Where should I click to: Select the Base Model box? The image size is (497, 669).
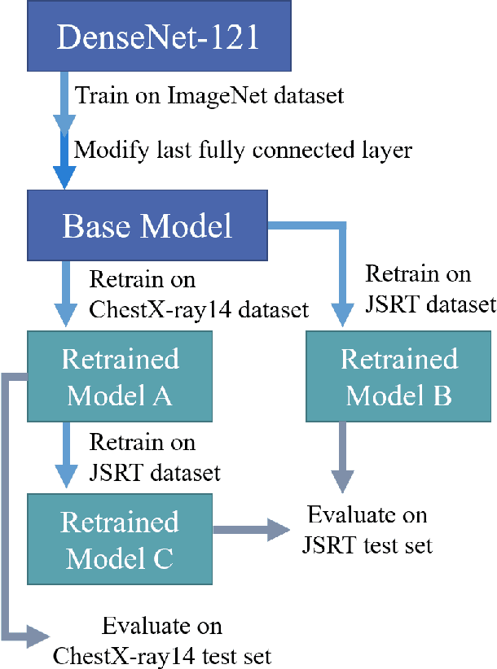[x=147, y=225]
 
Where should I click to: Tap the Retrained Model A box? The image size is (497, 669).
[x=119, y=377]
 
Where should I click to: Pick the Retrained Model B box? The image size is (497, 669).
[x=399, y=377]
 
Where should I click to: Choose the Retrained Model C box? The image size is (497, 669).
[x=119, y=539]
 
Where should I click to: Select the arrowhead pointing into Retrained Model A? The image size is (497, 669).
[x=64, y=315]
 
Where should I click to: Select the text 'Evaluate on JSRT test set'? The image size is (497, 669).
[x=367, y=530]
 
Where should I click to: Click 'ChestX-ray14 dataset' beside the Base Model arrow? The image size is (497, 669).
[x=198, y=309]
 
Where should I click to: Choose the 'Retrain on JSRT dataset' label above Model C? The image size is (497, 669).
[x=155, y=457]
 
